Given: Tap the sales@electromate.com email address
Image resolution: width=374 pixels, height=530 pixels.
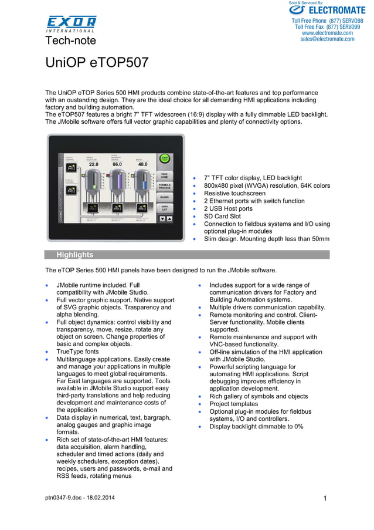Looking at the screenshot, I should pyautogui.click(x=327, y=39).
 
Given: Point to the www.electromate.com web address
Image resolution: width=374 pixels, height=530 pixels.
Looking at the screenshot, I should pyautogui.click(x=327, y=33).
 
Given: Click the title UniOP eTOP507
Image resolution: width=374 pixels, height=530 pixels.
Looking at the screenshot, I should pyautogui.click(x=97, y=63).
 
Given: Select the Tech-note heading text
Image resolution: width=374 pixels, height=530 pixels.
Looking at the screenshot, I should pyautogui.click(x=70, y=40).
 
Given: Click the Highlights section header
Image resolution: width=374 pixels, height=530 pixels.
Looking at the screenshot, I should pyautogui.click(x=74, y=255).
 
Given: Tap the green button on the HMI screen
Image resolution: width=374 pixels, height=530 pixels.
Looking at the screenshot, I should pyautogui.click(x=165, y=159).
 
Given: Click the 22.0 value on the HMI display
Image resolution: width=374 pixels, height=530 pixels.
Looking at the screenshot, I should pyautogui.click(x=94, y=165).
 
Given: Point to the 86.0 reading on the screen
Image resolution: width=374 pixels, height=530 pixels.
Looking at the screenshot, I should pyautogui.click(x=117, y=165).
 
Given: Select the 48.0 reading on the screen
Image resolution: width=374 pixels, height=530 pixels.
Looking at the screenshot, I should pyautogui.click(x=142, y=165).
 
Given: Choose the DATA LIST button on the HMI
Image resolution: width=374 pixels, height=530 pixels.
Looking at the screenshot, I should pyautogui.click(x=165, y=208).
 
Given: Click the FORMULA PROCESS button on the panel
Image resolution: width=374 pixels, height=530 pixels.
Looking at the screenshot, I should pyautogui.click(x=165, y=187).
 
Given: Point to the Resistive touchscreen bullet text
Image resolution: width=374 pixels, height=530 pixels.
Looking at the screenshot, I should pyautogui.click(x=234, y=193).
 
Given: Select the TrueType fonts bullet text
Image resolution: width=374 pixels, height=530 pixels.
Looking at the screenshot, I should pyautogui.click(x=77, y=352).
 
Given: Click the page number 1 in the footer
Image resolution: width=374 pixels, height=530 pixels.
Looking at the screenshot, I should pyautogui.click(x=324, y=498).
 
